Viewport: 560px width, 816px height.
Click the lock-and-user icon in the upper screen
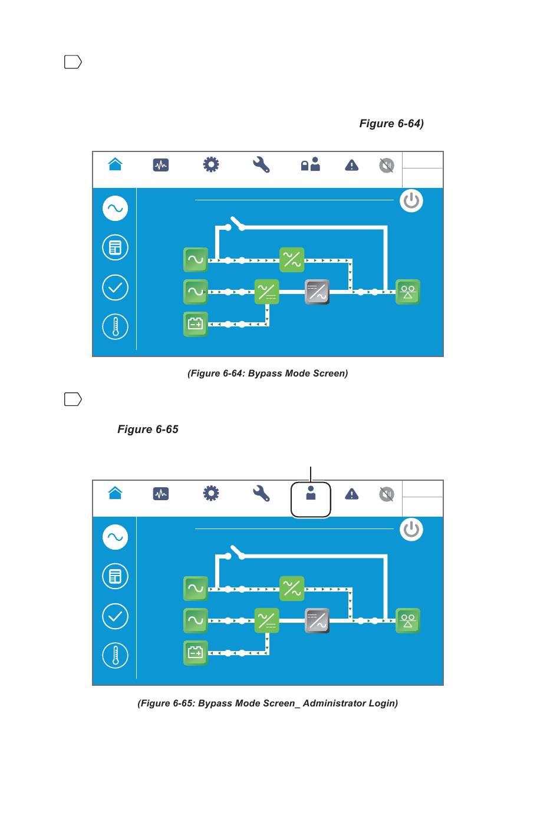coord(310,164)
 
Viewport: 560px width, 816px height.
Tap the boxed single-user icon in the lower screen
coord(311,493)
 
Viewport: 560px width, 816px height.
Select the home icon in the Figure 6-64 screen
coord(116,164)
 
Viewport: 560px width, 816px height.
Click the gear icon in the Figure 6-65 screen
coord(210,493)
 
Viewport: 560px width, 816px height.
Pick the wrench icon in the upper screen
coord(261,164)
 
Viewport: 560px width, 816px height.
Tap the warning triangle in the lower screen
coord(351,494)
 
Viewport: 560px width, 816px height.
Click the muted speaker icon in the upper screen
coord(386,165)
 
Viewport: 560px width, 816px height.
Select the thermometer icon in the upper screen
coord(116,326)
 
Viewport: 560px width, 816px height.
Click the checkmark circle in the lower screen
coord(116,616)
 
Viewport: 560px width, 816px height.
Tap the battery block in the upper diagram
coord(195,323)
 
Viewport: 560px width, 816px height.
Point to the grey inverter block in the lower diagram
coord(317,620)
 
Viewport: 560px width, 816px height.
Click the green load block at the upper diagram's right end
coord(407,291)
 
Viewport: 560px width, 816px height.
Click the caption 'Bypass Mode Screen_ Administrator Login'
coord(268,703)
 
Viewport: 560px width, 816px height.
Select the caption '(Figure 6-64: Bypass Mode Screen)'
coord(268,373)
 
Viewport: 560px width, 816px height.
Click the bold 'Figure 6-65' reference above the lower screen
coord(147,429)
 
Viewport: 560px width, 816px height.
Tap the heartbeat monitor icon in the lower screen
coord(160,493)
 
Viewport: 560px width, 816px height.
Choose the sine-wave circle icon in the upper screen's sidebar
coord(116,208)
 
